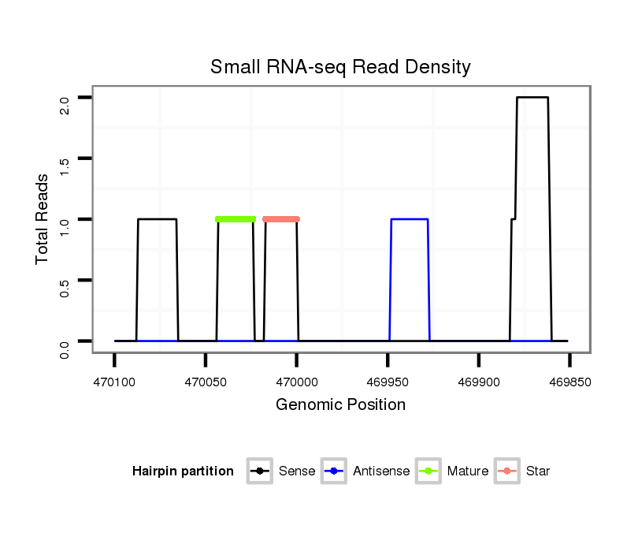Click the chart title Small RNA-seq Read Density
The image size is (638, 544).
(x=340, y=67)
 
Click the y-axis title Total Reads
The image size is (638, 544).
(x=43, y=219)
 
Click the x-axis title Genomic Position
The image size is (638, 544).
(x=340, y=405)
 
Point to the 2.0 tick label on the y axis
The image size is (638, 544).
(x=65, y=104)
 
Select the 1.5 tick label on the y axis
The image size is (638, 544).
(x=65, y=165)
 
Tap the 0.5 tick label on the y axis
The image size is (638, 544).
(x=65, y=286)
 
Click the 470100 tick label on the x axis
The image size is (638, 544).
(x=114, y=382)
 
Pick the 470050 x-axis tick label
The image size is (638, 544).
(x=206, y=382)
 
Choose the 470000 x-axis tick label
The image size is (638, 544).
(x=296, y=382)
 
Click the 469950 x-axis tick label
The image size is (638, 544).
(x=388, y=382)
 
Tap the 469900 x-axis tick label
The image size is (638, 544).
(x=479, y=382)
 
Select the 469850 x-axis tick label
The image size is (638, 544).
(x=569, y=382)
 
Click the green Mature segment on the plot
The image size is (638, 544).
(x=236, y=219)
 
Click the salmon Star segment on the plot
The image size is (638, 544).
(x=281, y=219)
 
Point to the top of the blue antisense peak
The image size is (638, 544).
(x=410, y=219)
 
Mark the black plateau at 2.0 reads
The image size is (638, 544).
(x=532, y=98)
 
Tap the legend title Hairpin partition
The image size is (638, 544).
(x=183, y=471)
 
